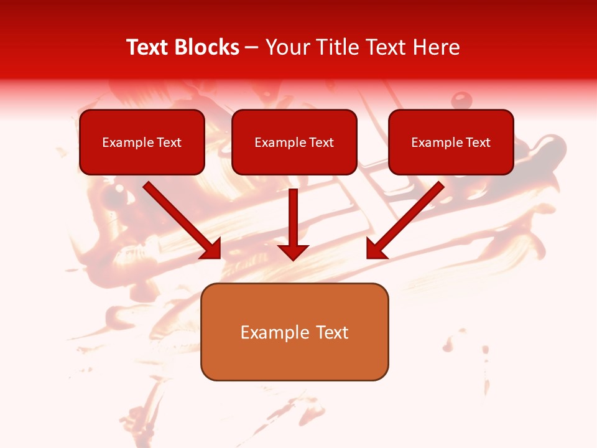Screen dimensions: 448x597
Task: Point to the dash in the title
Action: point(252,48)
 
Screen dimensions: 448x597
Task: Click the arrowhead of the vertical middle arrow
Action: point(293,253)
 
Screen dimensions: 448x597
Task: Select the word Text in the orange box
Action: point(331,332)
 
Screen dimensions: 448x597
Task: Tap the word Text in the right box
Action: point(478,142)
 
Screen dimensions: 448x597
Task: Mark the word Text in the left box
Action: point(169,142)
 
